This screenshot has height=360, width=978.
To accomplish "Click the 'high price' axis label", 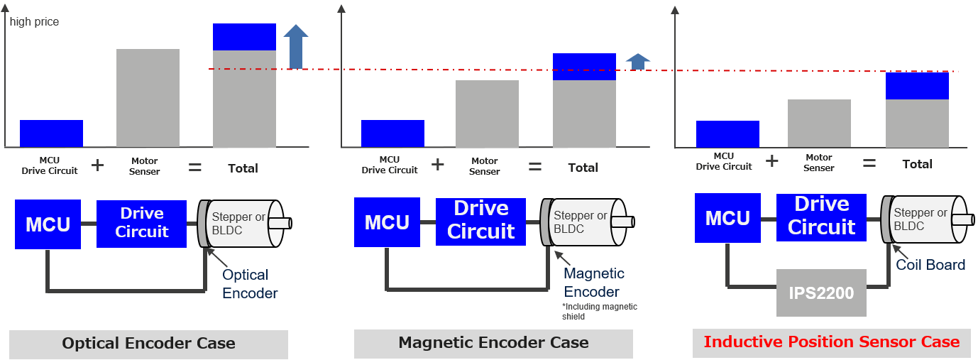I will [x=34, y=22].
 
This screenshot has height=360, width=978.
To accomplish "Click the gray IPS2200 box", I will [x=821, y=293].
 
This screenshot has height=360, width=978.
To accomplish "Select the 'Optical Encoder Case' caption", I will [x=148, y=344].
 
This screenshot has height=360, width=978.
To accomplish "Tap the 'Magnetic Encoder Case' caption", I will [x=493, y=343].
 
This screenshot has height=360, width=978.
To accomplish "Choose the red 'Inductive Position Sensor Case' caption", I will [x=831, y=342].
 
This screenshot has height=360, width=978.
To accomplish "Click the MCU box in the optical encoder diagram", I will [x=48, y=224].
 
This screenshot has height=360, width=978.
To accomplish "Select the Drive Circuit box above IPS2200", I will [x=821, y=216].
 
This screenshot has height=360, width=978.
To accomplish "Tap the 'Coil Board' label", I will [x=930, y=265].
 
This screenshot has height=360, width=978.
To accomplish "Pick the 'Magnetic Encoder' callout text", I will [x=593, y=283].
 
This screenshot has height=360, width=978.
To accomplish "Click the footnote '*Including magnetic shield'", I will [x=599, y=312].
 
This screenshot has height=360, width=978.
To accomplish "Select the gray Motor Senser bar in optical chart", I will [x=148, y=98].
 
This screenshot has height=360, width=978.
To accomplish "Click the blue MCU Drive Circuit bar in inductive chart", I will [x=727, y=134].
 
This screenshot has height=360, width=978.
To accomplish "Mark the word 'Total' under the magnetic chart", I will [x=583, y=168].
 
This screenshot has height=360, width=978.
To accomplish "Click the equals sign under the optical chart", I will [x=194, y=168].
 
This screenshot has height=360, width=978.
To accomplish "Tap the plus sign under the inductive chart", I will [x=771, y=161].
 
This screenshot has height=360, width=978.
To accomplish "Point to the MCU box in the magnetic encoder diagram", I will [x=387, y=222].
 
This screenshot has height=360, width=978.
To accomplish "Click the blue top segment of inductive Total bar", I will [x=917, y=85].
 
